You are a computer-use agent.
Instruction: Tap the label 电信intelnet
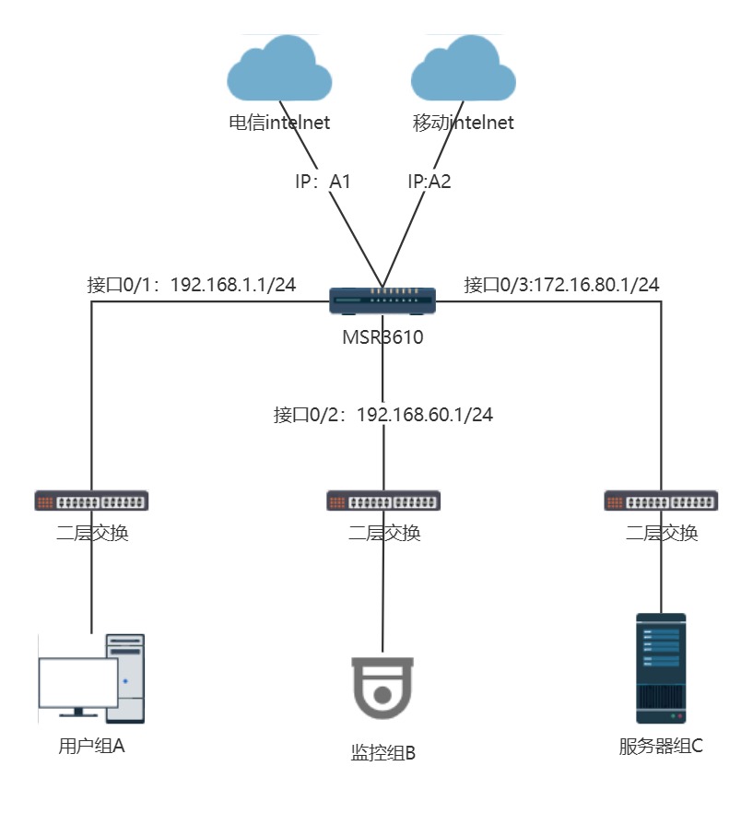coord(279,123)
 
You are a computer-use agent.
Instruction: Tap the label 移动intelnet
coord(464,123)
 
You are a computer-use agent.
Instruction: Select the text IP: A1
coord(323,182)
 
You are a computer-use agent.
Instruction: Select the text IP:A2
coord(429,182)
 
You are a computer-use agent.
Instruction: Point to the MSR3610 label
coord(383,336)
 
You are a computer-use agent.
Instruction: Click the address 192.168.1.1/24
coord(233,284)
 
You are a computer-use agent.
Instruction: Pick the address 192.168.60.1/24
coord(425,415)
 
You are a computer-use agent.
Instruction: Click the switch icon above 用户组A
coord(92,501)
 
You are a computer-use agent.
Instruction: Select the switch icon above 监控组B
coord(383,501)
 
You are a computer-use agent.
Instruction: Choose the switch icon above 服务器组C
coord(661,501)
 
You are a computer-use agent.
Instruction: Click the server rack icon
coord(661,667)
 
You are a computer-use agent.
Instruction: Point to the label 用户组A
coord(91,746)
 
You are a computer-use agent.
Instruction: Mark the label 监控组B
coord(383,753)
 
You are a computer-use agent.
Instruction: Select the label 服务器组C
coord(661,746)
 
